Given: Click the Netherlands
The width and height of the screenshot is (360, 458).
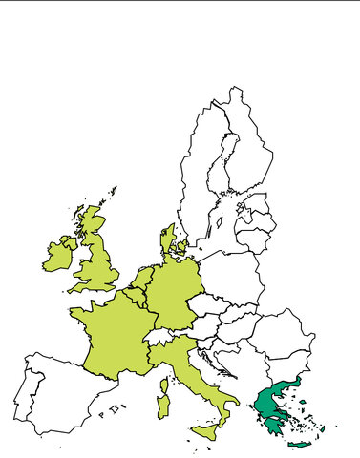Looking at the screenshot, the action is [141, 280].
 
